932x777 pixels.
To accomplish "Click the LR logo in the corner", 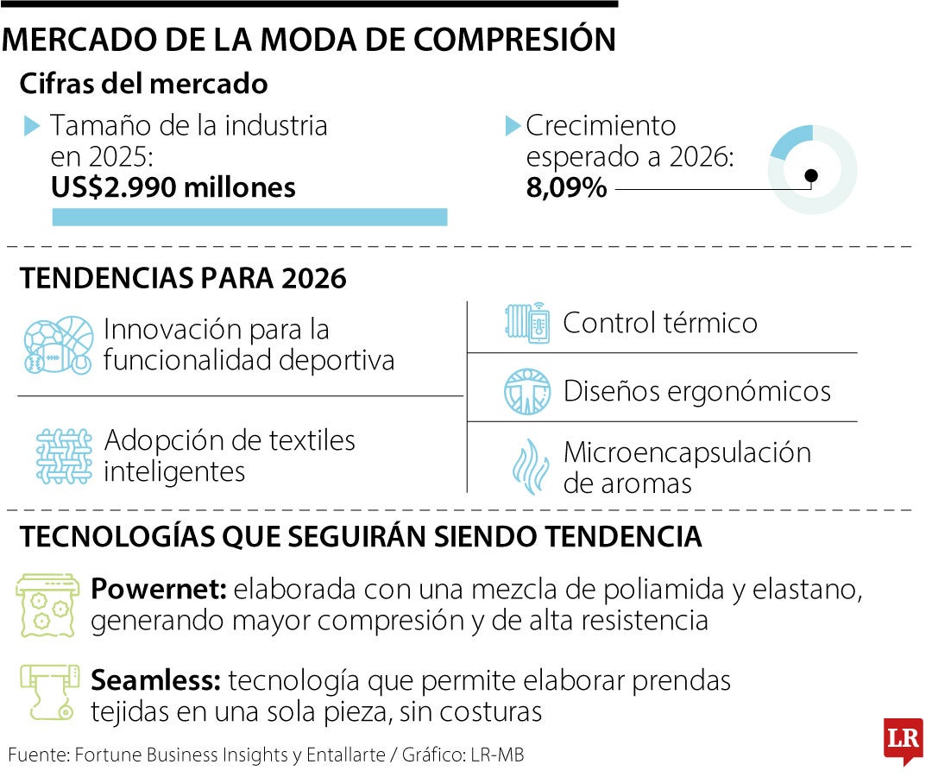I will [903, 741].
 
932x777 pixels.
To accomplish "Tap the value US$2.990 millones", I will [173, 187].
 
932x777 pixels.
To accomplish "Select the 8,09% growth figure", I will [567, 187].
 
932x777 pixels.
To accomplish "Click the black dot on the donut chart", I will [810, 176].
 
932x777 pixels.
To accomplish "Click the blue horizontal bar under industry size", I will [249, 217].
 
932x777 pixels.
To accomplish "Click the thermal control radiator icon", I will [527, 323].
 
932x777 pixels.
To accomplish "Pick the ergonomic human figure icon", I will [527, 391].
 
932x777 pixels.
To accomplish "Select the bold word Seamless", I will [155, 681].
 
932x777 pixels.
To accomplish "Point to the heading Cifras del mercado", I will [143, 84].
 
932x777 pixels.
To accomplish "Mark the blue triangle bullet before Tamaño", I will [32, 126].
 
